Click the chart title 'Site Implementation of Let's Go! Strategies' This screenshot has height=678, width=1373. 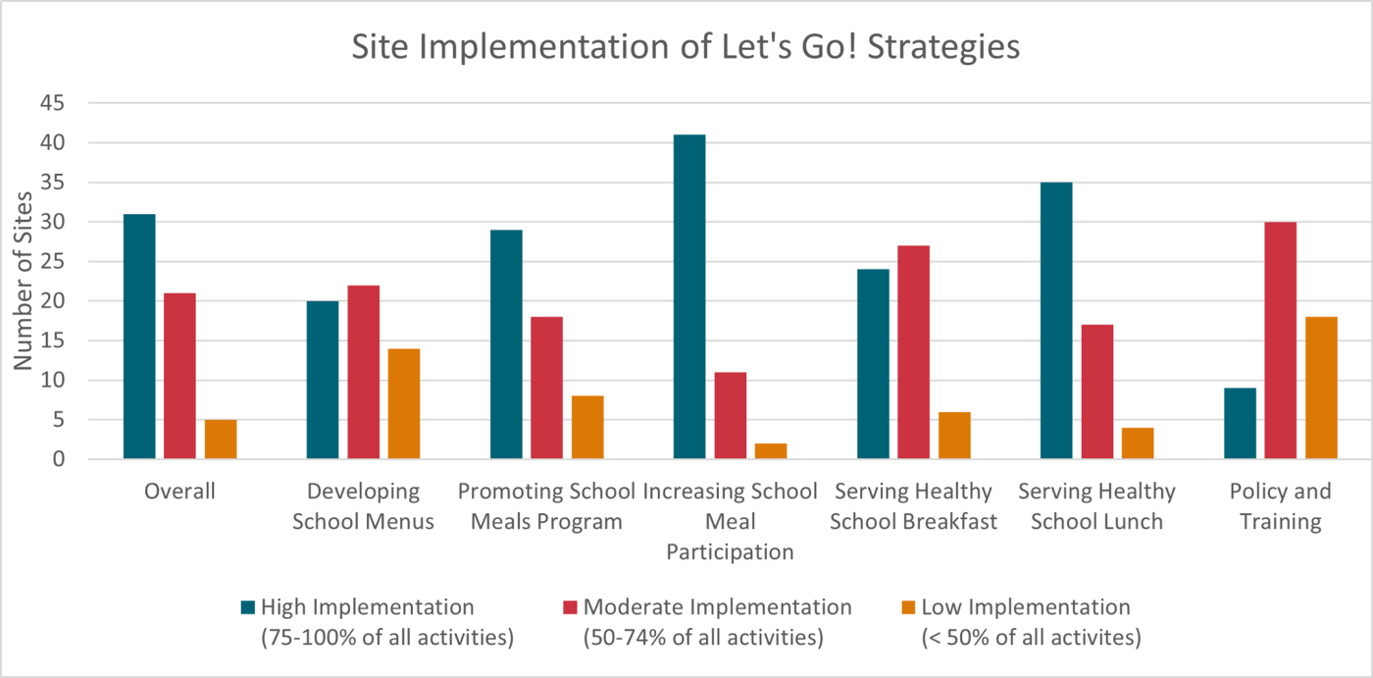coord(686,47)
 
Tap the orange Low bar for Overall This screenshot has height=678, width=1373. coord(221,440)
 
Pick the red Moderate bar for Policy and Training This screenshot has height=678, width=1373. coord(1280,340)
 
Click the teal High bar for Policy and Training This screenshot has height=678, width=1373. coord(1240,424)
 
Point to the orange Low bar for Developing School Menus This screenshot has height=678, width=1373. coord(404,403)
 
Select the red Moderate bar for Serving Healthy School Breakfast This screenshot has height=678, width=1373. coord(913,352)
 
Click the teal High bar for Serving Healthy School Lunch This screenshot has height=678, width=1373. coord(1056,321)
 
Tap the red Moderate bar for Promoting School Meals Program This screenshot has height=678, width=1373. coord(546,388)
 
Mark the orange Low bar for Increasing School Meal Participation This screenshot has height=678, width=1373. coord(771,451)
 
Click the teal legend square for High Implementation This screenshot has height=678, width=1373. coord(247,608)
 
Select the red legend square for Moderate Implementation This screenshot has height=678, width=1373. coord(570,608)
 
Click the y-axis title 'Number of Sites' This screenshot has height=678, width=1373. coord(23,282)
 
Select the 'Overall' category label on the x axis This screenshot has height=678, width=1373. coord(179,492)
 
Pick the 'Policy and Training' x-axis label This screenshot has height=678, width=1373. coord(1280,506)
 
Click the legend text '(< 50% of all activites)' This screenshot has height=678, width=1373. coord(1032,638)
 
